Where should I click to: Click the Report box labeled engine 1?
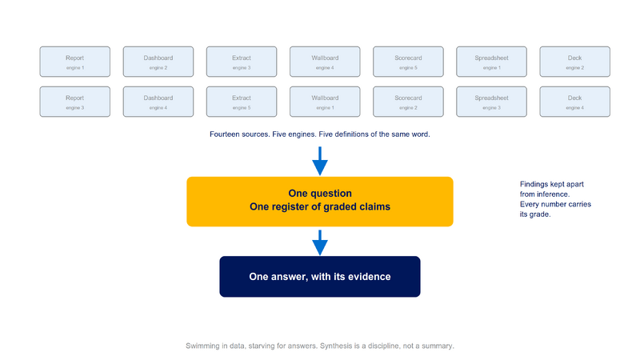pos(74,62)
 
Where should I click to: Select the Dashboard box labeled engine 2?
pos(158,62)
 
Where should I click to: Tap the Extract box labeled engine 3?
pos(242,62)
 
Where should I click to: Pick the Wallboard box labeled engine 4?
pos(325,62)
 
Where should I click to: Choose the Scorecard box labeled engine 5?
pos(408,62)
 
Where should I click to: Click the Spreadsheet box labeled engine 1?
pos(491,62)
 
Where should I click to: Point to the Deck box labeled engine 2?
pos(574,62)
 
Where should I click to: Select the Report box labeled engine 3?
pos(74,102)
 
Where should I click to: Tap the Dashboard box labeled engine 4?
pos(158,102)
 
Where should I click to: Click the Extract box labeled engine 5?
pos(242,102)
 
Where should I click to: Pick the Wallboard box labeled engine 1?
pos(325,102)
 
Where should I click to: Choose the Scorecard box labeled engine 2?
pos(408,102)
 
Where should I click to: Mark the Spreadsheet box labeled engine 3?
pos(491,102)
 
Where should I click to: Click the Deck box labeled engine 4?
pos(574,102)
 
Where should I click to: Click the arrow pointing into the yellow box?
pos(320,162)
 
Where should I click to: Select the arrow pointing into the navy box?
pos(320,242)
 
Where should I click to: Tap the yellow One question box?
pos(320,202)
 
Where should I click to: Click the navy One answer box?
pos(320,277)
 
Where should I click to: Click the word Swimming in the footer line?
pos(202,346)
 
